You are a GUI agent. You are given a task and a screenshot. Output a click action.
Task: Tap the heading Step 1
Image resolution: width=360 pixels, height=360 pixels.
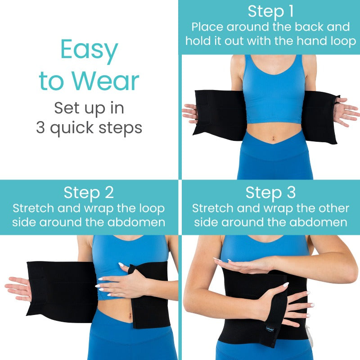coord(270,11)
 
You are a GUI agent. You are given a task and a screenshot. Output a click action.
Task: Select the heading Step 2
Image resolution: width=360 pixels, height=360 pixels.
coord(89,193)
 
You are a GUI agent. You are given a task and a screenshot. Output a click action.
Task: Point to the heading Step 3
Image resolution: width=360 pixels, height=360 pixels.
coord(270,193)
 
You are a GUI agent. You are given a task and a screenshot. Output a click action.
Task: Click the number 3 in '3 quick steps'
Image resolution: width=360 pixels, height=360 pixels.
coord(41,128)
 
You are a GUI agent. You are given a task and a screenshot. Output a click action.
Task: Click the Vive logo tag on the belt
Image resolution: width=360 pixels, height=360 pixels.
coord(270,329)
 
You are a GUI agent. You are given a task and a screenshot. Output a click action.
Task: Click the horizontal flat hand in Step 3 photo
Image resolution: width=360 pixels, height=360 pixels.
coord(243,265)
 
